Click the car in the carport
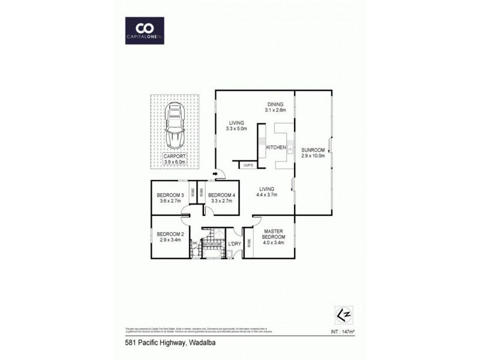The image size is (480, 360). pyautogui.click(x=176, y=127)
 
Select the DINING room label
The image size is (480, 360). pyautogui.click(x=275, y=104)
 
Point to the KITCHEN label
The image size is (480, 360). pyautogui.click(x=275, y=147)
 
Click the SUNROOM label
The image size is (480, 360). pyautogui.click(x=313, y=150)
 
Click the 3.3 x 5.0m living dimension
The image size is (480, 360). pyautogui.click(x=236, y=129)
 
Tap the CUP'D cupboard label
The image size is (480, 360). pyautogui.click(x=248, y=164)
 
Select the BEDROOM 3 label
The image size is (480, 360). pyautogui.click(x=170, y=194)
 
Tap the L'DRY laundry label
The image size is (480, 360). pyautogui.click(x=235, y=244)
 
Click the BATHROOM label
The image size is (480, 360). pyautogui.click(x=212, y=245)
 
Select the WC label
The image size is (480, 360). pyautogui.click(x=195, y=242)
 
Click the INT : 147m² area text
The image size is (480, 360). pyautogui.click(x=343, y=330)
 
